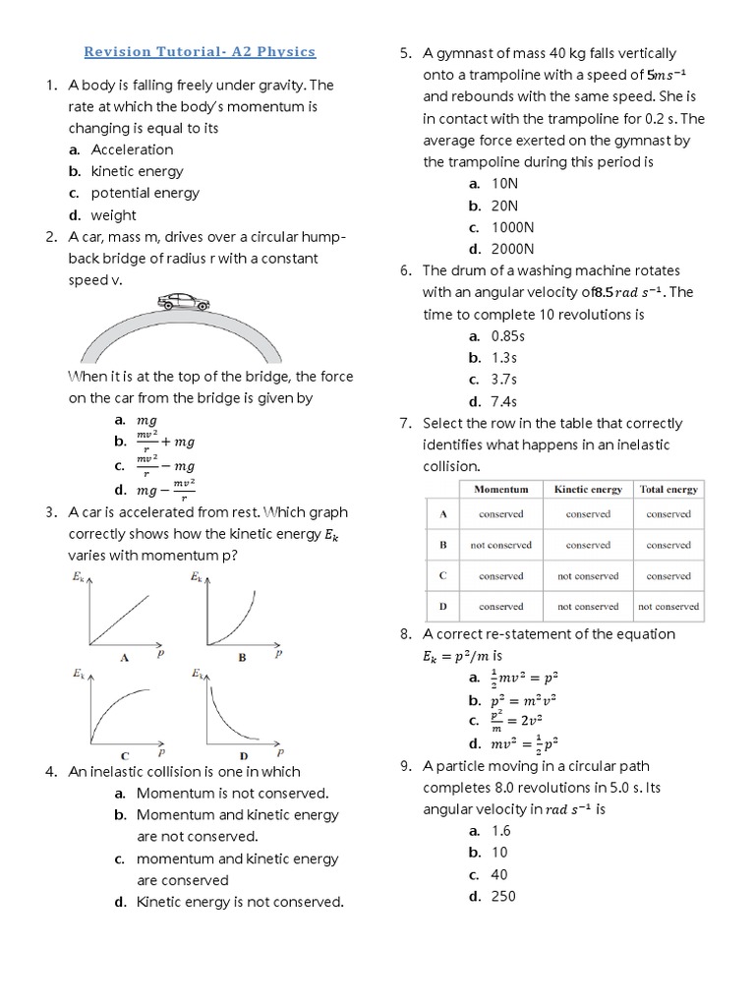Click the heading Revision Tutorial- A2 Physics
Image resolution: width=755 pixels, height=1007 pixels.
tap(201, 51)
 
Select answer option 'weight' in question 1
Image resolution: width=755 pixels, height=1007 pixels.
tap(113, 215)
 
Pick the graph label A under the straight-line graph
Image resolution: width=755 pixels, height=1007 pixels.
tap(125, 657)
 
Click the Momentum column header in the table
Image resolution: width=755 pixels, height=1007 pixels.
tap(500, 489)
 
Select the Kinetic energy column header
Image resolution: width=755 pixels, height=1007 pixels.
tap(588, 489)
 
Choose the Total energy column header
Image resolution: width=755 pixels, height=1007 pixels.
tap(668, 489)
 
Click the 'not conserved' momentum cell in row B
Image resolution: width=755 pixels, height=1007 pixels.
tap(500, 545)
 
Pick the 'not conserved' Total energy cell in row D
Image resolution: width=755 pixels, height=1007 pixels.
tap(668, 607)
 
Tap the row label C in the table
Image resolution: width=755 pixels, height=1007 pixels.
tap(442, 575)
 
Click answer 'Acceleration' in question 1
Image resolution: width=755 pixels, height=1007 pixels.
tap(132, 149)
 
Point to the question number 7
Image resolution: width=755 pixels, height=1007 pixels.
tap(405, 423)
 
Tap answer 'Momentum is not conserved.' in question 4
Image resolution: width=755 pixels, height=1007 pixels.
tap(232, 793)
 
